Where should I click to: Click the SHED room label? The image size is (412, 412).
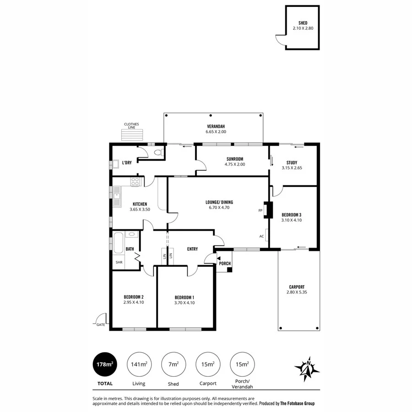[302, 23]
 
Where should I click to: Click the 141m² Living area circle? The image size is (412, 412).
[138, 364]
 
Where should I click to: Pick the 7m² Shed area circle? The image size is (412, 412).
[173, 364]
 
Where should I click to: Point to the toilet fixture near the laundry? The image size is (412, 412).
[159, 152]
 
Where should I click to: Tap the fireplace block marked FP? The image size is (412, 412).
[270, 210]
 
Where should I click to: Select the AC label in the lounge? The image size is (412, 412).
[262, 237]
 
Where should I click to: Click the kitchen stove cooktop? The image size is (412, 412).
[136, 181]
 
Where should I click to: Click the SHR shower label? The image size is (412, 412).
[119, 262]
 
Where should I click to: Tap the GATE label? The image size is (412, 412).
[101, 325]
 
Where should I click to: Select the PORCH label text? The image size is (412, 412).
[225, 264]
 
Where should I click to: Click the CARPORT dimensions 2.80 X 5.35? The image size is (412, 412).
[297, 292]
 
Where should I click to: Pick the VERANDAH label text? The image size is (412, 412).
[216, 126]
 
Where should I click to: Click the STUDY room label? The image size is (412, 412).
[292, 163]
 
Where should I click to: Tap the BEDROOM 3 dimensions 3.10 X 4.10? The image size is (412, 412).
[292, 220]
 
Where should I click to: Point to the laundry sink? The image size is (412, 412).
[117, 163]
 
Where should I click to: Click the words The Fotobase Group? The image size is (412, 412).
[298, 404]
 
